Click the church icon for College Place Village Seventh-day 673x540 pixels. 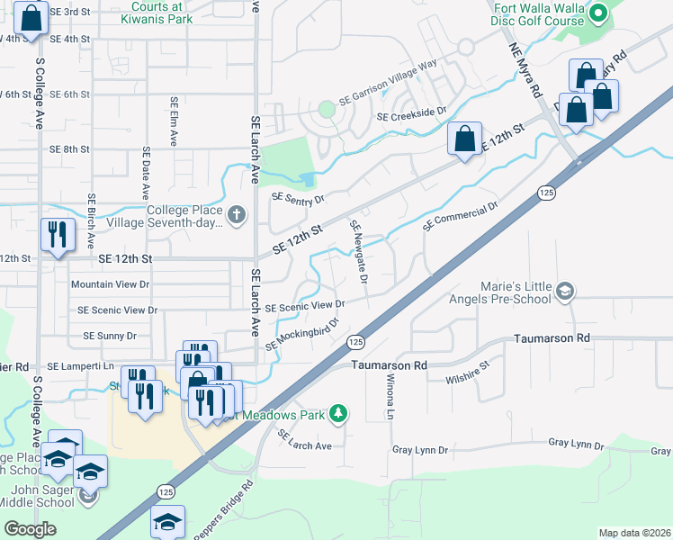click(236, 214)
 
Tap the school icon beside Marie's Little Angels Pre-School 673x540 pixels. click(564, 290)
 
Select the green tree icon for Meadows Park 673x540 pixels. click(338, 413)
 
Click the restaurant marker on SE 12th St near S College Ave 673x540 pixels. click(58, 234)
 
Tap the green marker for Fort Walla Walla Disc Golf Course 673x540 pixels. click(600, 13)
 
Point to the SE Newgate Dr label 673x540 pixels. click(359, 252)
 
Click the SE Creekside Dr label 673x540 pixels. click(412, 112)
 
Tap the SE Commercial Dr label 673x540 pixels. click(460, 215)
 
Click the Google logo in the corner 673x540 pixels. click(30, 529)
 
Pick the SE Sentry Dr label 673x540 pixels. click(295, 200)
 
